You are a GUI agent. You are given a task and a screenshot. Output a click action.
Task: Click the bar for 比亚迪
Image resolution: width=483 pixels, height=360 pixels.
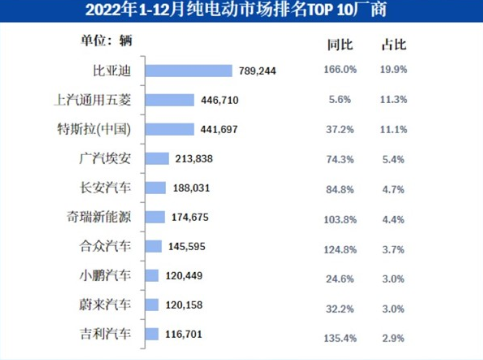(x=189, y=71)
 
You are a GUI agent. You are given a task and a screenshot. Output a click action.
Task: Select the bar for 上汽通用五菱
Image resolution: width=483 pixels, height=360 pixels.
(x=170, y=100)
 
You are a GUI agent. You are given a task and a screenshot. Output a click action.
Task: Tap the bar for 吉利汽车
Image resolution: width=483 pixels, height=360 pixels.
(x=152, y=334)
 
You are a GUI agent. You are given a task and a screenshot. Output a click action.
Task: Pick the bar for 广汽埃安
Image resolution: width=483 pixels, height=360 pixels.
(x=157, y=158)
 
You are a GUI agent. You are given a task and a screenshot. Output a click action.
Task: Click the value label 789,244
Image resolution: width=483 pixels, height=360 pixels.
(x=257, y=71)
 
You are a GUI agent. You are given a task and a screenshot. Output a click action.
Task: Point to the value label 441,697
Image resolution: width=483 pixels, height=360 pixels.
(x=219, y=129)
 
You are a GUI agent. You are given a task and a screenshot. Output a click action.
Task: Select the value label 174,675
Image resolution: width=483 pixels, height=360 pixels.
(x=190, y=217)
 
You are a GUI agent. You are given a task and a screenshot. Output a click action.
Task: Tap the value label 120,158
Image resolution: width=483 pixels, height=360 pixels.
(x=184, y=305)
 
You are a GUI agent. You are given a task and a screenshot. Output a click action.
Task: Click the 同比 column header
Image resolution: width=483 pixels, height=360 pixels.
(x=340, y=45)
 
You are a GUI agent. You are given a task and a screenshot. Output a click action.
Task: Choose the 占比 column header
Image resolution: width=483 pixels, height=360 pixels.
(x=394, y=45)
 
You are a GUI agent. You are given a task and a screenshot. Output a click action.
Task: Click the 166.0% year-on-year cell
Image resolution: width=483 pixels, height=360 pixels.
(x=340, y=70)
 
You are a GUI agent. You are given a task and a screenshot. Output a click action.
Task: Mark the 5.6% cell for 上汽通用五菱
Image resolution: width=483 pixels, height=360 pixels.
(x=340, y=100)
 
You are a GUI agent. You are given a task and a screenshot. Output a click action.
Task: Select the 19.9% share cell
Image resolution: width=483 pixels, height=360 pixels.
(x=394, y=70)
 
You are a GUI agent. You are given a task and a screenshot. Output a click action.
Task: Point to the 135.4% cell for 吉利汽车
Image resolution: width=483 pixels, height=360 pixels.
(x=340, y=338)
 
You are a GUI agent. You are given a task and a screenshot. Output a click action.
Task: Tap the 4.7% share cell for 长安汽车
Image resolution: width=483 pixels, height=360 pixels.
(x=393, y=190)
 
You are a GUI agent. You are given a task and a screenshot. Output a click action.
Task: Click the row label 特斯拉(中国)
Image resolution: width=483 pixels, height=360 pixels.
(x=94, y=129)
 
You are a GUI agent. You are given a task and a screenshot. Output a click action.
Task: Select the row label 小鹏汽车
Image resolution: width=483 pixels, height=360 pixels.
(x=105, y=276)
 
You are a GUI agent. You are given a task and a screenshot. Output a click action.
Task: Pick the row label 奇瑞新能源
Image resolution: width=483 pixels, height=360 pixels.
(x=99, y=217)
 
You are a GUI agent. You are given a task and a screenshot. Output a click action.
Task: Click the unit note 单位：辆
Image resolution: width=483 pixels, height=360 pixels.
(x=106, y=41)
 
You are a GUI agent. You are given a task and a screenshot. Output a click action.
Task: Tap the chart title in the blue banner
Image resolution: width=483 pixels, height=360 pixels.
(x=236, y=10)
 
